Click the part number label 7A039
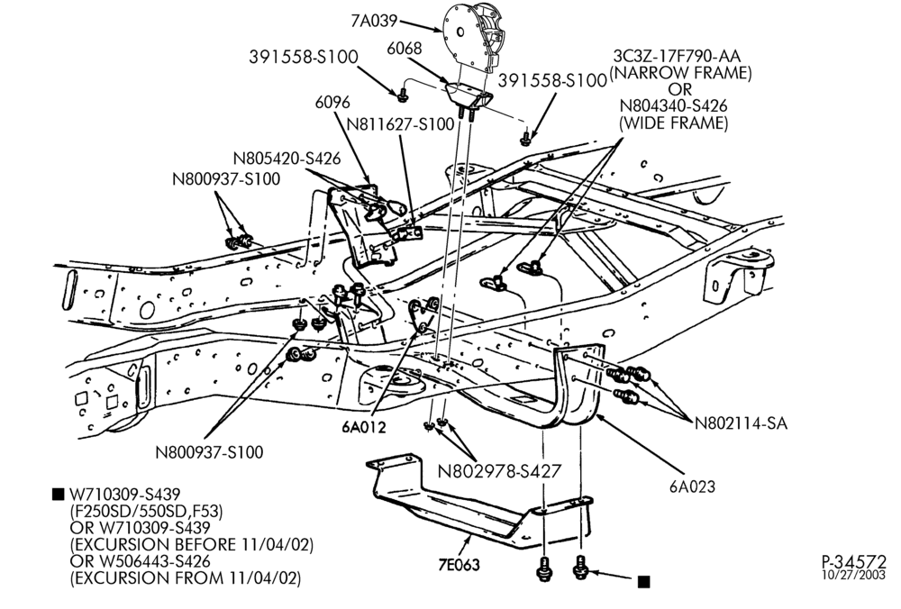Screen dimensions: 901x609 [x=374, y=22]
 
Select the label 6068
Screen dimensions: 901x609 [x=404, y=49]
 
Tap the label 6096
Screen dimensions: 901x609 [x=332, y=103]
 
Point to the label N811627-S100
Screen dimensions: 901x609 [x=401, y=124]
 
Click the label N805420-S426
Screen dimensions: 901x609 [x=287, y=158]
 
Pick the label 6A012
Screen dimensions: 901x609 [x=364, y=427]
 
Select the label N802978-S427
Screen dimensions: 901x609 [x=499, y=471]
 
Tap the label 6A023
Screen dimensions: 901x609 [x=692, y=487]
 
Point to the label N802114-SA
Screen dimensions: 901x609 [x=741, y=423]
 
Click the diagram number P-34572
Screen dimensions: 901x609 [x=854, y=561]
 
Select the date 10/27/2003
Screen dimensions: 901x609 [x=854, y=575]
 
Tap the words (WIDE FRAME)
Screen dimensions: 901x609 [x=673, y=123]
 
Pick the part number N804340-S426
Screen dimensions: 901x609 [x=673, y=106]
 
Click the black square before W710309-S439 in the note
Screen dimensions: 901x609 [x=58, y=494]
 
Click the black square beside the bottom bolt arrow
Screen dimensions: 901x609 [x=644, y=581]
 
